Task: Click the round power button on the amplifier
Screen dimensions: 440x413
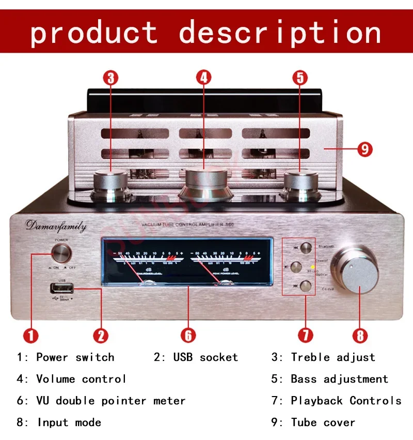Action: coord(61,253)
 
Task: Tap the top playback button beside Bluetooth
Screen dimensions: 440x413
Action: coord(306,248)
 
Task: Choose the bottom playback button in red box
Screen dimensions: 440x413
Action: coord(306,286)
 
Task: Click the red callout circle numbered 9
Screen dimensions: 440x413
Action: coord(364,149)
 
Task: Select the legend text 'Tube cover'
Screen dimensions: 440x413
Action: coord(323,422)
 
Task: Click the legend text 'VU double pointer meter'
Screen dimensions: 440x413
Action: coord(110,401)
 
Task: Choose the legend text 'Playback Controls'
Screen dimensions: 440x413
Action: coord(345,401)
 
